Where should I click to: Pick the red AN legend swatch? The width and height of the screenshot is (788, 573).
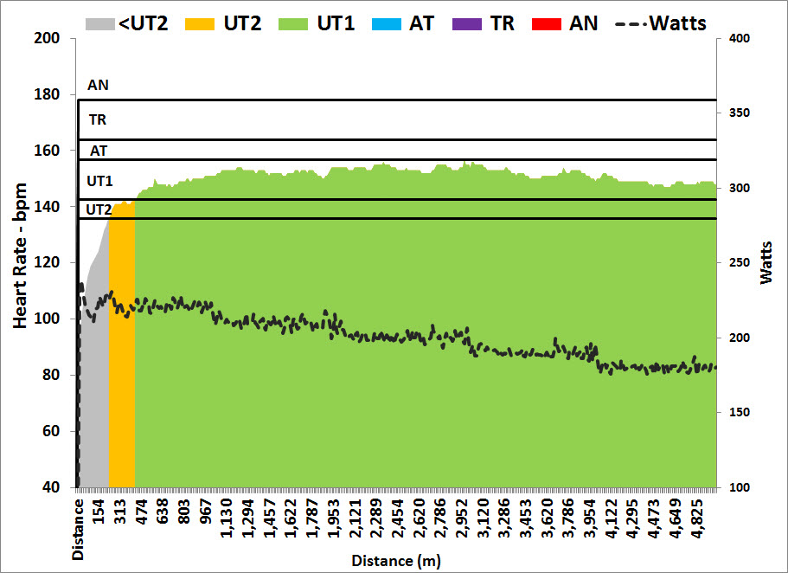551,23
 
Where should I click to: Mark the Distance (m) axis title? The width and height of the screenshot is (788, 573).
395,561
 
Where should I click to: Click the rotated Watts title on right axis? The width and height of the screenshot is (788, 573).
767,263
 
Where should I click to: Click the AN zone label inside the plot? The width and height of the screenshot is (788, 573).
99,86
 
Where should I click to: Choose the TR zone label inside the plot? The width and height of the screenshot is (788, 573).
98,120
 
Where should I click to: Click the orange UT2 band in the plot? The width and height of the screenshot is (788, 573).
121,346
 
